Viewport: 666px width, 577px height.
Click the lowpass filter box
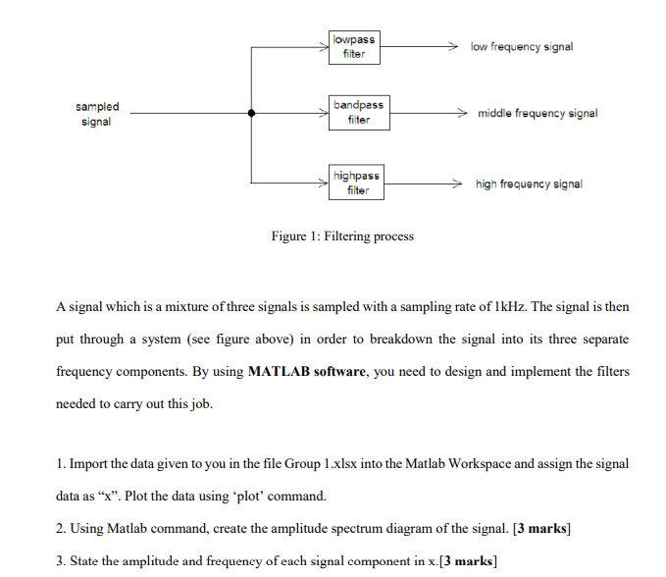coord(354,47)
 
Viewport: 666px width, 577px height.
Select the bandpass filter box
coord(358,113)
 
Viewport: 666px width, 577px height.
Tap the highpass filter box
coord(356,183)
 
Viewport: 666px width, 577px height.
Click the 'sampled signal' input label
coord(97,114)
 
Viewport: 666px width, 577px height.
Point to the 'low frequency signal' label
coord(522,47)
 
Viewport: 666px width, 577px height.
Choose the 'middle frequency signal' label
coord(538,114)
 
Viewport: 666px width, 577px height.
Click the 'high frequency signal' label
coord(529,184)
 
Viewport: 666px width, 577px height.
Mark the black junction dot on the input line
coord(252,114)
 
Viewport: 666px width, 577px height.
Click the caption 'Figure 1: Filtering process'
coord(342,236)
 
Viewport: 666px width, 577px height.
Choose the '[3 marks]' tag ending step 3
coord(469,560)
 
